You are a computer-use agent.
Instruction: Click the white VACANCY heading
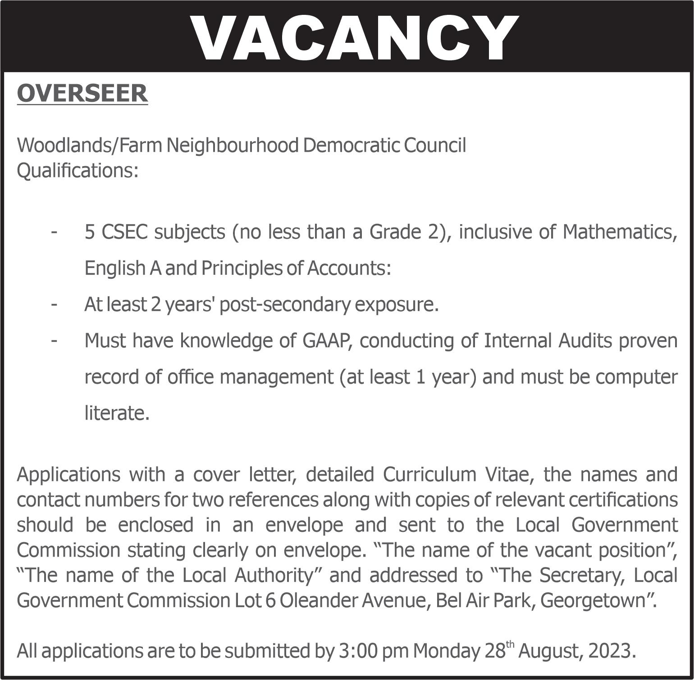pos(354,38)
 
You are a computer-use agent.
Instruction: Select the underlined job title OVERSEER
pos(82,93)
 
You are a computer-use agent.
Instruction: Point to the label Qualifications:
pos(78,171)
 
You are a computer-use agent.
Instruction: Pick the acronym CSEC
pos(124,232)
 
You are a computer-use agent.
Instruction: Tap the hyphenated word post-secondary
pos(284,305)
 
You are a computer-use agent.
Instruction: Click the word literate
pos(117,413)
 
